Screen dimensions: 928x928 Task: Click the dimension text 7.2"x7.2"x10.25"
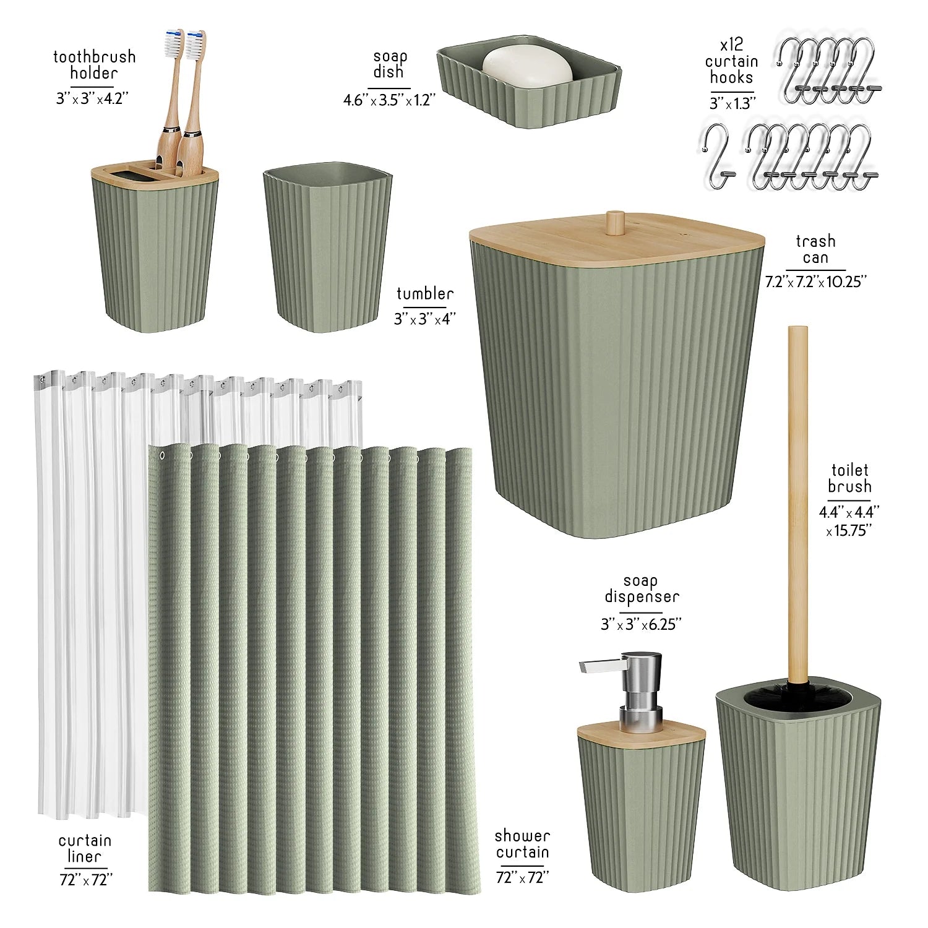tap(815, 281)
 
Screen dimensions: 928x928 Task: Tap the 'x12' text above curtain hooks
tap(731, 45)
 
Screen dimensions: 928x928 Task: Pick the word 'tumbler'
tap(425, 293)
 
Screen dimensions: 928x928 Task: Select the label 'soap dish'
tap(389, 64)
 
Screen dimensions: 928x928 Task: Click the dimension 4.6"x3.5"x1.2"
tap(390, 100)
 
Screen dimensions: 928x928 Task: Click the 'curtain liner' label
tap(85, 848)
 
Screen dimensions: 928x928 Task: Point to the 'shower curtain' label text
tap(522, 844)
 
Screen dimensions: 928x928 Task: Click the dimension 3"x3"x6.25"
tap(641, 624)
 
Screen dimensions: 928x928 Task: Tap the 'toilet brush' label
tap(849, 478)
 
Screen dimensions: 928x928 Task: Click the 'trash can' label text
tap(815, 249)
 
